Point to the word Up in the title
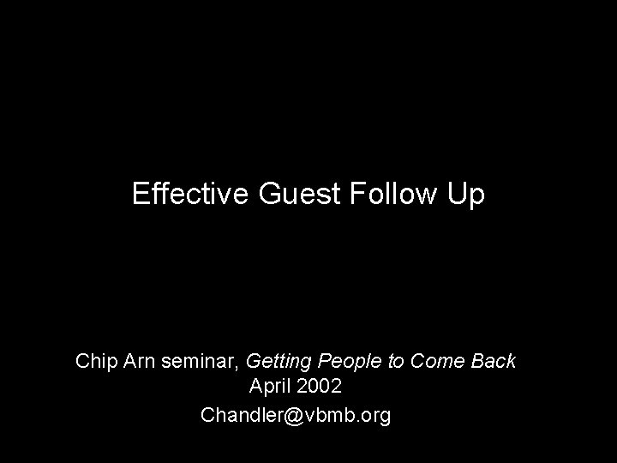click(465, 195)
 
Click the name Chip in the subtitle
click(93, 361)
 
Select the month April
click(270, 388)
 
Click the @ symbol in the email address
click(288, 416)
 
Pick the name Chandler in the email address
click(239, 415)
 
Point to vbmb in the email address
click(325, 415)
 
